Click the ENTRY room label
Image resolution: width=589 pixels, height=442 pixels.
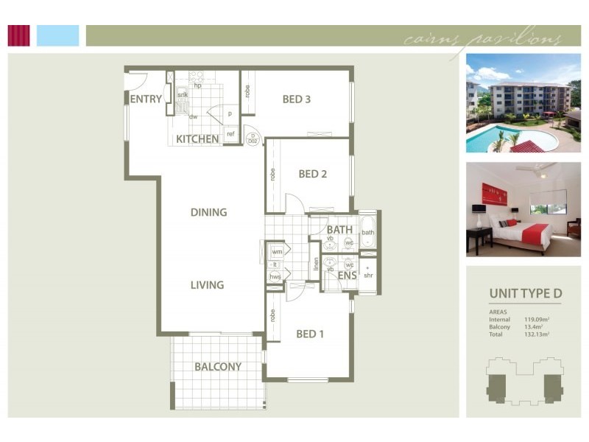pyautogui.click(x=146, y=99)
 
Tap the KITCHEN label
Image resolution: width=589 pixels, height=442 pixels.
pyautogui.click(x=197, y=138)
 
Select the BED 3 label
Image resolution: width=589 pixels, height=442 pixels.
pyautogui.click(x=296, y=99)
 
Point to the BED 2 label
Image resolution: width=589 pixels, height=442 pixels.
pyautogui.click(x=312, y=175)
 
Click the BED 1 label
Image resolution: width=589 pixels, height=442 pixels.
pyautogui.click(x=310, y=334)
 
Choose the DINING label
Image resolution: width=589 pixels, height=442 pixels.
pyautogui.click(x=208, y=212)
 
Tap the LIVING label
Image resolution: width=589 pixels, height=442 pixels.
pyautogui.click(x=207, y=285)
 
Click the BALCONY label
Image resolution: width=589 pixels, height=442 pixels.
pyautogui.click(x=218, y=366)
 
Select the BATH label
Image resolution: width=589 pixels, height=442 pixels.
pyautogui.click(x=340, y=231)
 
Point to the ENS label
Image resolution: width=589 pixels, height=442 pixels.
pyautogui.click(x=347, y=276)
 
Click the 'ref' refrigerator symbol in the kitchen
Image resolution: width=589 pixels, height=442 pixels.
pyautogui.click(x=230, y=134)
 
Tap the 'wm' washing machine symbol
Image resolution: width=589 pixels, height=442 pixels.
pyautogui.click(x=277, y=252)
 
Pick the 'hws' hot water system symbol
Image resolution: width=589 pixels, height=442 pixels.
pyautogui.click(x=275, y=277)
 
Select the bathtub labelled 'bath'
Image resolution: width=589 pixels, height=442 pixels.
pyautogui.click(x=367, y=234)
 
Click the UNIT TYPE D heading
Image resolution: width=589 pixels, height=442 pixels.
pyautogui.click(x=526, y=294)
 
